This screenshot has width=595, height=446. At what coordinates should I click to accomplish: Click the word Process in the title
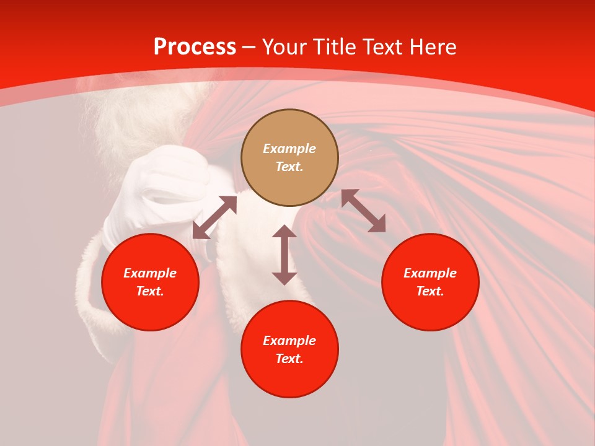(195, 47)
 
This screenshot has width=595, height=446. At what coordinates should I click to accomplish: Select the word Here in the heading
(431, 47)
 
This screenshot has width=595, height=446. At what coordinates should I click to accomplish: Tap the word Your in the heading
(285, 47)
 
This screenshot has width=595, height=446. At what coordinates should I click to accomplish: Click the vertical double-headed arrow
(284, 255)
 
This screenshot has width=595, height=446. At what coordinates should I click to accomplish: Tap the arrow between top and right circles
(363, 211)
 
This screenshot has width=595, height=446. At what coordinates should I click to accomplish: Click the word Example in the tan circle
(289, 149)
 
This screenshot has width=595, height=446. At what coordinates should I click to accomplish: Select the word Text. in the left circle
(150, 291)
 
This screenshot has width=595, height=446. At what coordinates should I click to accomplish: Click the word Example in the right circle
(430, 273)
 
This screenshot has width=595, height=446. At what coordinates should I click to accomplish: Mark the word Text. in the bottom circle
(289, 359)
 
